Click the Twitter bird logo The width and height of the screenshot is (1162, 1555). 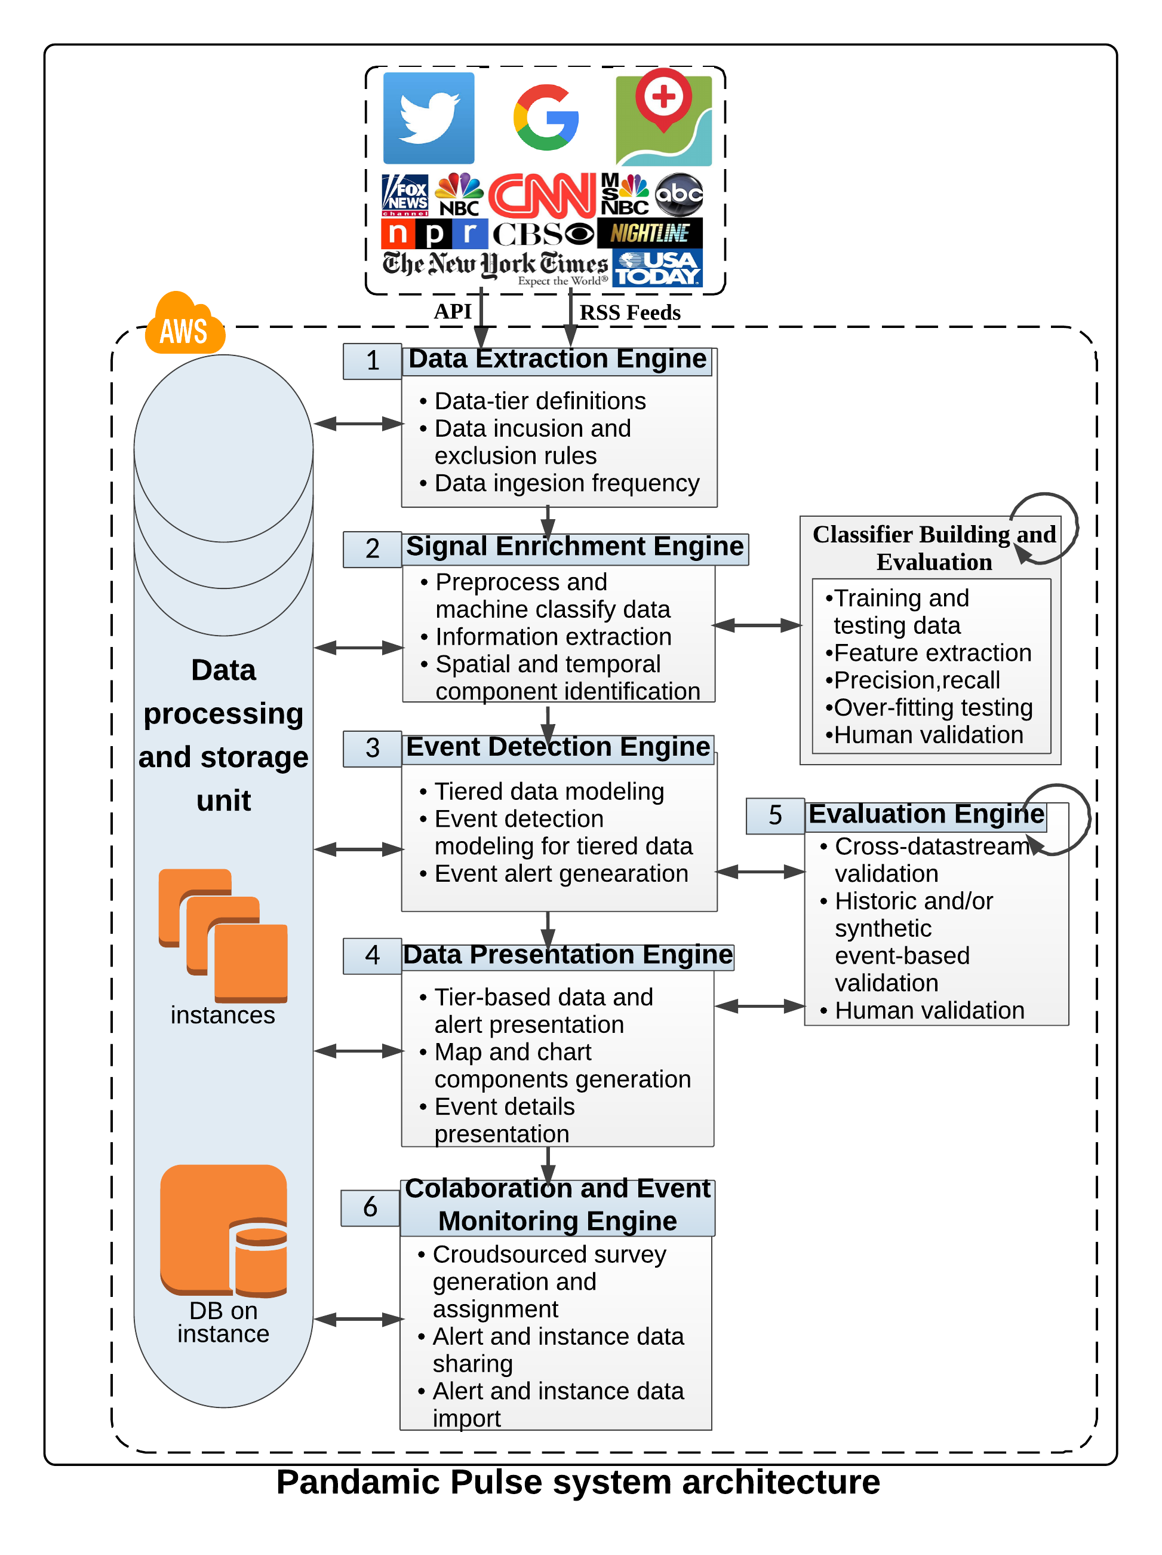pyautogui.click(x=428, y=118)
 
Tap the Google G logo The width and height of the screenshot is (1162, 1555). pyautogui.click(x=546, y=118)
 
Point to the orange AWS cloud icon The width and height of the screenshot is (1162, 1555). pyautogui.click(x=184, y=325)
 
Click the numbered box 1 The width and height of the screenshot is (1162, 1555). pyautogui.click(x=373, y=361)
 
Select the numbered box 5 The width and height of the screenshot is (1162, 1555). pyautogui.click(x=774, y=815)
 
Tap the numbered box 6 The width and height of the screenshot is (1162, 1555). pyautogui.click(x=370, y=1207)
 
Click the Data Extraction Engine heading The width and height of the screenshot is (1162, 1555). pyautogui.click(x=557, y=359)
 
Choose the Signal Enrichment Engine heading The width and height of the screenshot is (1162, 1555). pyautogui.click(x=574, y=547)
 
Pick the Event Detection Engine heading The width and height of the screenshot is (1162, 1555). pyautogui.click(x=558, y=747)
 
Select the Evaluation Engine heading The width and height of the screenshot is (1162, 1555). pyautogui.click(x=926, y=814)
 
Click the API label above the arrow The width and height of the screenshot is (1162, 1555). pyautogui.click(x=453, y=311)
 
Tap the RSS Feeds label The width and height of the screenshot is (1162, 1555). pyautogui.click(x=629, y=313)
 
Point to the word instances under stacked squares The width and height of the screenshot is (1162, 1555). pyautogui.click(x=223, y=1016)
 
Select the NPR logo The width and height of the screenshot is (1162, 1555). pyautogui.click(x=434, y=234)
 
